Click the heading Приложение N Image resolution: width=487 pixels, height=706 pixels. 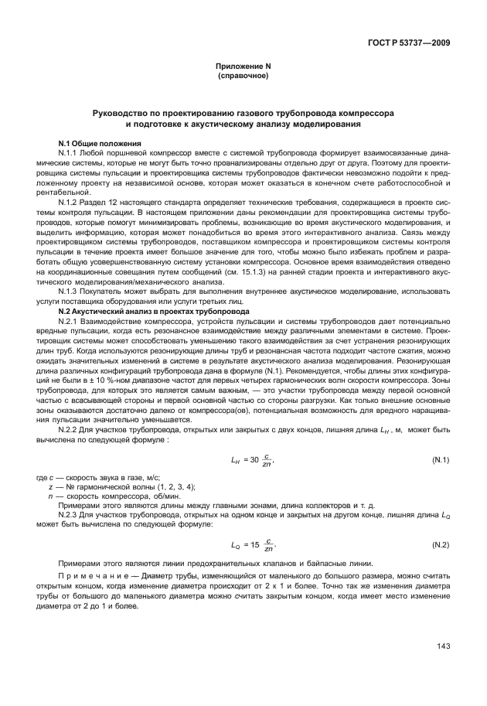coord(243,67)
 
